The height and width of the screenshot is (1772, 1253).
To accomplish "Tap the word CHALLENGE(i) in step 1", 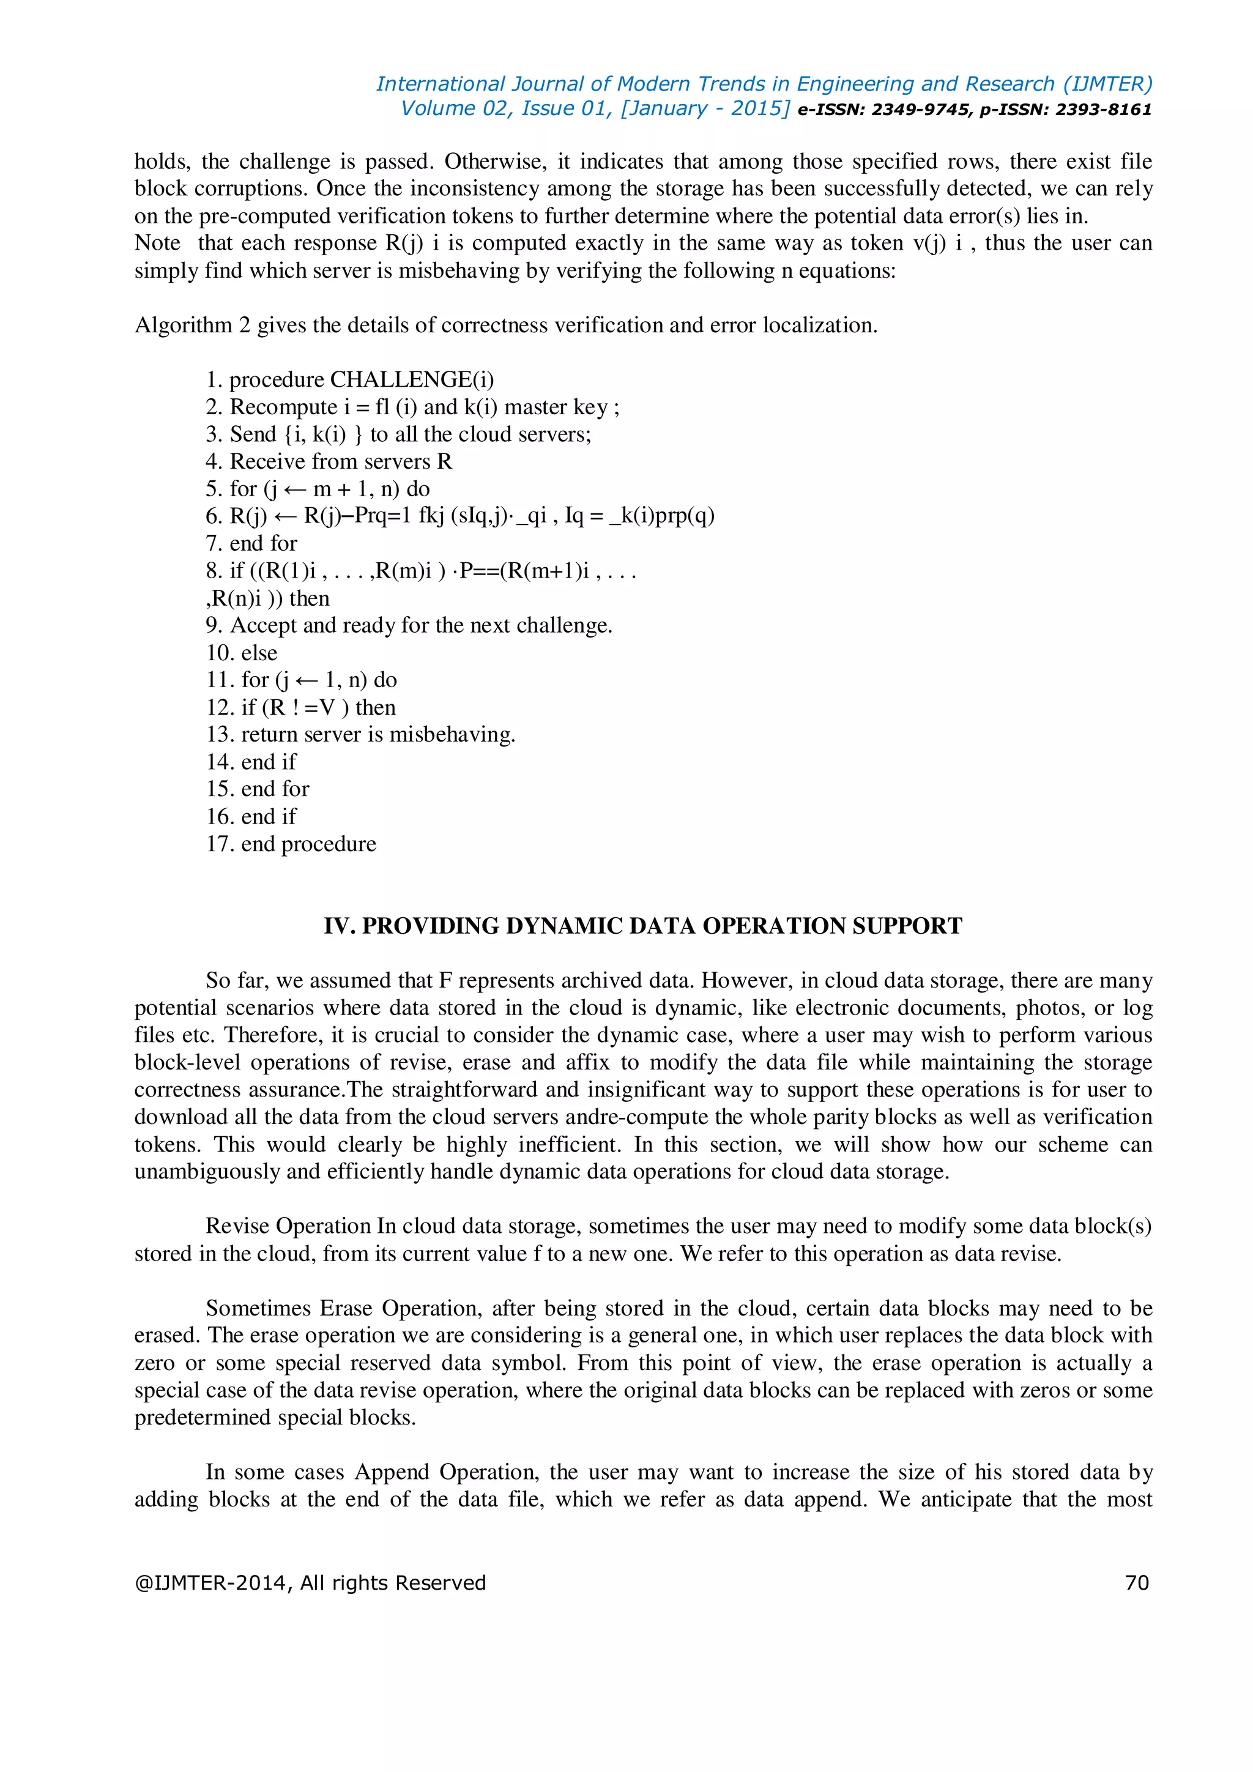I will coord(412,380).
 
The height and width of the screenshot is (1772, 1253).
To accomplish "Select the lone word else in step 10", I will coord(259,653).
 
